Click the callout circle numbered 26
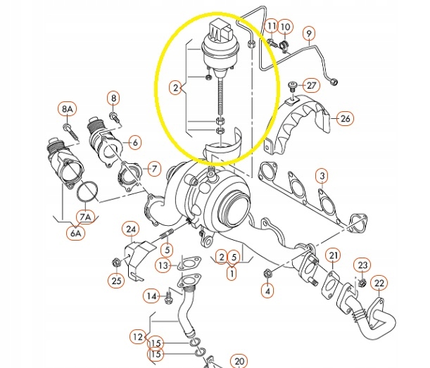tap(344, 118)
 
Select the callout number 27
tap(312, 85)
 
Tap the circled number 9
tap(308, 32)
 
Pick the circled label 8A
tap(66, 109)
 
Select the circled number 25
tap(116, 280)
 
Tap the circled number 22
tap(379, 284)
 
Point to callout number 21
tap(334, 255)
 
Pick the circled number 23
tap(362, 265)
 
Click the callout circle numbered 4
tap(267, 289)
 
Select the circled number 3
tap(320, 175)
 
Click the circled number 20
tap(239, 361)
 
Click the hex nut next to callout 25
tap(115, 263)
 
